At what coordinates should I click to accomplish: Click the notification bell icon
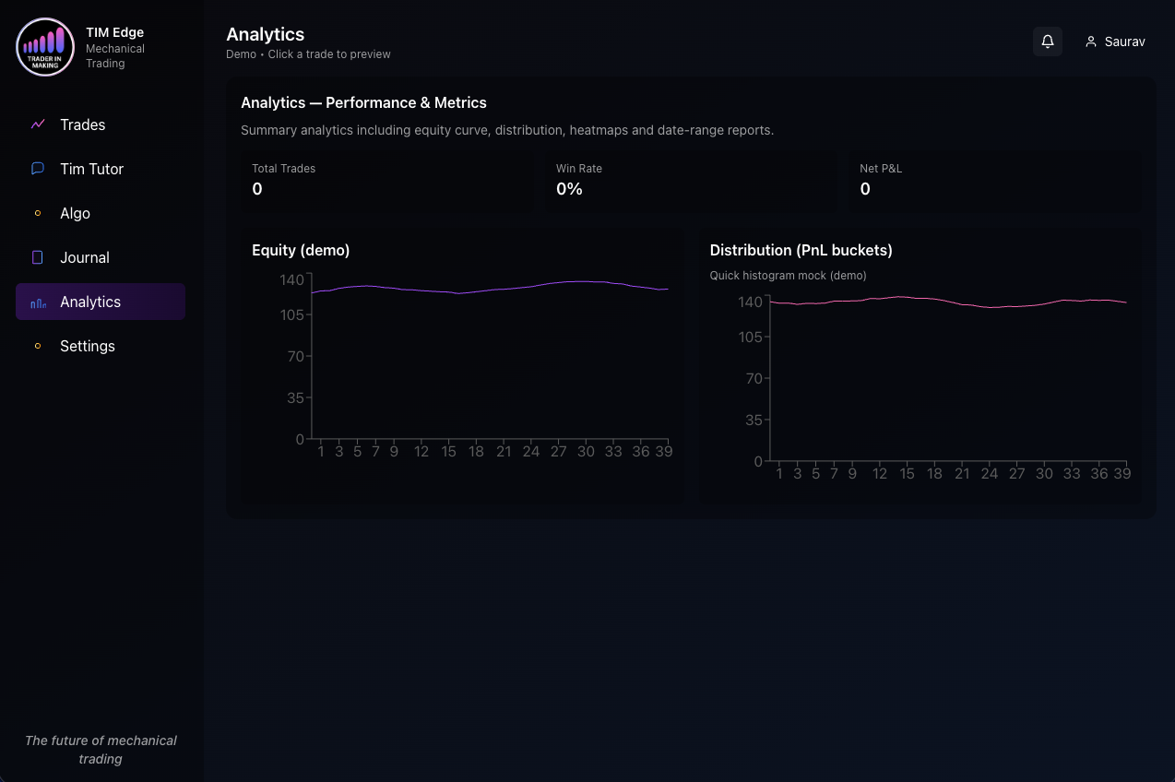tap(1048, 41)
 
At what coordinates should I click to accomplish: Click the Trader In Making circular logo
tap(45, 47)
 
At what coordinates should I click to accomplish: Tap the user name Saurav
tap(1124, 41)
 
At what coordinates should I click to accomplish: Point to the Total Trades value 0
tap(257, 189)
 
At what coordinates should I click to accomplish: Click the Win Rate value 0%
tap(569, 189)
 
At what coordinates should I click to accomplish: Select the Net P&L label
tap(881, 169)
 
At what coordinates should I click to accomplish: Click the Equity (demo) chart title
tap(301, 250)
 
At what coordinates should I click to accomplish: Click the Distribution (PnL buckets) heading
tap(801, 250)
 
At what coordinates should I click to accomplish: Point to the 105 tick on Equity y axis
tap(292, 314)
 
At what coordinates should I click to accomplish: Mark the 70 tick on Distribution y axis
tap(754, 378)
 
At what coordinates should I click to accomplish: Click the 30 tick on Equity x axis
tap(586, 452)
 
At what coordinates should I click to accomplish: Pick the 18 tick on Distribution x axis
tap(934, 474)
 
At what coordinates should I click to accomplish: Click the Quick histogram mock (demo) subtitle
tap(788, 276)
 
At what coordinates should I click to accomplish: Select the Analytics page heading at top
tap(265, 34)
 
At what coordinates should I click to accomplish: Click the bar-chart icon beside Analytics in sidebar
tap(38, 302)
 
